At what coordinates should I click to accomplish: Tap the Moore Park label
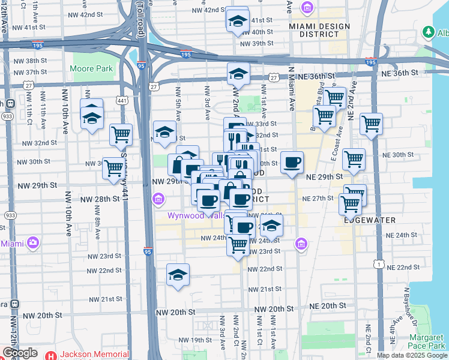tap(91, 69)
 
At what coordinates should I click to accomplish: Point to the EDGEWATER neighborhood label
tap(370, 220)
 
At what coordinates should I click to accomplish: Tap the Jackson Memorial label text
tap(94, 354)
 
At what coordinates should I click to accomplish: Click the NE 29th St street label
tap(324, 177)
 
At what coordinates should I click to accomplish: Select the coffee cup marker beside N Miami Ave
tap(292, 162)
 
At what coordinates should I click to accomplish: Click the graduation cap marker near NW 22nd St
tap(178, 275)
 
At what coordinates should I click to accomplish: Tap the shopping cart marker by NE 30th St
tap(354, 160)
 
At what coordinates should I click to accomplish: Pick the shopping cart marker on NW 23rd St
tap(238, 245)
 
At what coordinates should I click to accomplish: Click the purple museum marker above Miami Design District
tap(307, 8)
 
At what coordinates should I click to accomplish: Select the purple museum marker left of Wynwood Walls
tap(158, 198)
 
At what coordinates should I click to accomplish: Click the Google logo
tap(20, 353)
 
